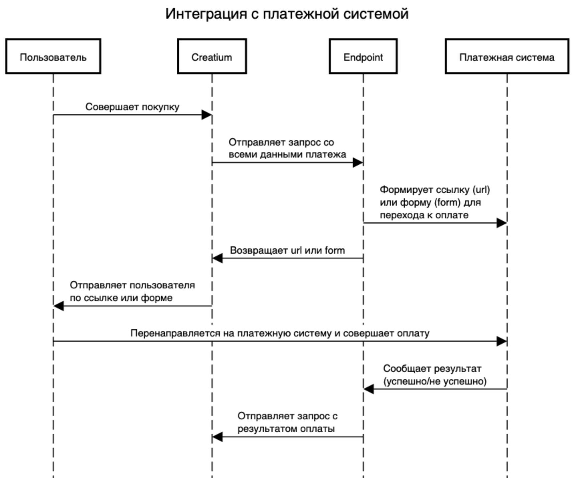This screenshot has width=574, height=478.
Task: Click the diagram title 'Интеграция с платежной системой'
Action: tap(287, 14)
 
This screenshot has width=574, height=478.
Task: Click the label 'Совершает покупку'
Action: tap(132, 107)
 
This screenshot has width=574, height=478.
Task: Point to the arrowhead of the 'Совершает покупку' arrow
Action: tap(207, 115)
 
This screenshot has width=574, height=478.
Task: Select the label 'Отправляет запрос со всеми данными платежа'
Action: tap(287, 148)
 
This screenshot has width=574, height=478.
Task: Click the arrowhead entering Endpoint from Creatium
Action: tap(358, 163)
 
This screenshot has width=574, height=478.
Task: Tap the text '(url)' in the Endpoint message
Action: tap(481, 190)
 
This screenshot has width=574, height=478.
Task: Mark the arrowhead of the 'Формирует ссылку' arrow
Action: tap(502, 223)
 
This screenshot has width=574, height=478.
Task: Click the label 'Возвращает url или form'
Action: tap(287, 250)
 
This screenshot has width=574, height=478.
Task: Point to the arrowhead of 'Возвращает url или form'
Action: tap(217, 258)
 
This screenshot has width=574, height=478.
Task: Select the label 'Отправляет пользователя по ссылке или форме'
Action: tap(132, 291)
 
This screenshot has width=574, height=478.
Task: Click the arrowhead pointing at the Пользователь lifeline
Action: tap(58, 306)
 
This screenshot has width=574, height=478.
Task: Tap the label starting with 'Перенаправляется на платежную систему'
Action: tap(280, 333)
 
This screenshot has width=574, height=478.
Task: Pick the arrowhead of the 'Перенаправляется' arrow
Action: tap(502, 341)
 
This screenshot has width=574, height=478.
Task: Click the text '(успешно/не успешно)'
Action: tap(435, 381)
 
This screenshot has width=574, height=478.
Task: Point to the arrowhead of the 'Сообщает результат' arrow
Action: tap(369, 389)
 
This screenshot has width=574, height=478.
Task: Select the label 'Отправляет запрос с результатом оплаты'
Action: tap(287, 422)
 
